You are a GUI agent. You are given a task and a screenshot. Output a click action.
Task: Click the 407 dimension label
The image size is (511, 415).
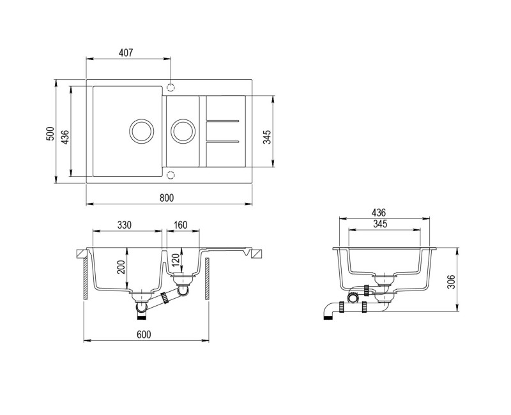click(125, 53)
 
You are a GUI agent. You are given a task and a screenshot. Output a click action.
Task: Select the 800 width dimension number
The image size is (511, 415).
click(167, 198)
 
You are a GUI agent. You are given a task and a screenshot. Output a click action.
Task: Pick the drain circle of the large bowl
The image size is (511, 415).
click(141, 130)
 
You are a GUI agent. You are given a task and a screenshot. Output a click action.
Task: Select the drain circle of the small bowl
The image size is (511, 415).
click(183, 130)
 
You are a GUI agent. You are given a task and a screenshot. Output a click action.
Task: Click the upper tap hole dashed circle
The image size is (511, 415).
click(171, 86)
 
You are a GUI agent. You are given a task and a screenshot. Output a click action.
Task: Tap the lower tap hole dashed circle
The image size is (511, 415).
click(171, 174)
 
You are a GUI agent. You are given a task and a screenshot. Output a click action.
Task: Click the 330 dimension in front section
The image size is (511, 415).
click(125, 225)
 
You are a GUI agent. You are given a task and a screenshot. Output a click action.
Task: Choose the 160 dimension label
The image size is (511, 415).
click(180, 225)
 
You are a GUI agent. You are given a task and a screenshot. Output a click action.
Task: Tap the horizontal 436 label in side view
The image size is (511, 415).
click(378, 213)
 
